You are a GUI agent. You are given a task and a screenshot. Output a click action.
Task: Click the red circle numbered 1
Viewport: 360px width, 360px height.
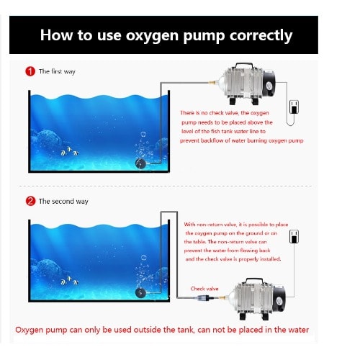pos(30,71)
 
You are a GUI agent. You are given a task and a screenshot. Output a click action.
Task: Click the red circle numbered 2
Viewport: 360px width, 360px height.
pos(30,201)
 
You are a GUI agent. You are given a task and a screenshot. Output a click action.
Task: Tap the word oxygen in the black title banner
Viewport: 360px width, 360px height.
pos(152,36)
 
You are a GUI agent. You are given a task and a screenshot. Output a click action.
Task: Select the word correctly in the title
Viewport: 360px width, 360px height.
pos(261,36)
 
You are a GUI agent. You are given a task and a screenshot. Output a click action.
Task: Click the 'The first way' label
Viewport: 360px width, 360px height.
pos(57,71)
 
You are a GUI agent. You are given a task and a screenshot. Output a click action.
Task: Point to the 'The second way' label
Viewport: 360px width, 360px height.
pos(63,202)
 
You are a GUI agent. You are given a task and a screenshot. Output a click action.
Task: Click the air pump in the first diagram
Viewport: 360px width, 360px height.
pos(246,84)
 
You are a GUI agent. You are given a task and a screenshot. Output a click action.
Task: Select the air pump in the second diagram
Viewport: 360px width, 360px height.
pos(256,299)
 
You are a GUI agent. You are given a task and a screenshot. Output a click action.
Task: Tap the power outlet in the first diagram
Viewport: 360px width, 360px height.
pos(294,107)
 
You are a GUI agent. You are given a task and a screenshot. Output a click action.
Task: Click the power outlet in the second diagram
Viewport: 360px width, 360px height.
pos(294,236)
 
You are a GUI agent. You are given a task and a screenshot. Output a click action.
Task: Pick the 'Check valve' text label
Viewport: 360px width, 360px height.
pos(204,289)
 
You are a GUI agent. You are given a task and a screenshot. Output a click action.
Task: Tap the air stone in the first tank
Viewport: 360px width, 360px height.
pos(141,163)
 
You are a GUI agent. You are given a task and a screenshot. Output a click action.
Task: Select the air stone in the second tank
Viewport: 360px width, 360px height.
pos(141,293)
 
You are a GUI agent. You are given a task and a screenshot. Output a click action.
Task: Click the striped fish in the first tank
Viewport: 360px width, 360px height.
pos(69,151)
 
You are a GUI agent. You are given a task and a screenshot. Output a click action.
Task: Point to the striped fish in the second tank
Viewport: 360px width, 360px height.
pos(69,281)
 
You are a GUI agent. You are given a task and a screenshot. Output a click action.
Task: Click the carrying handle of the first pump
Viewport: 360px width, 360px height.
pos(244,66)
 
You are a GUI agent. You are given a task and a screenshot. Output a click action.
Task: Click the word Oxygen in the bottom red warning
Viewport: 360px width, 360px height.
pos(29,330)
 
